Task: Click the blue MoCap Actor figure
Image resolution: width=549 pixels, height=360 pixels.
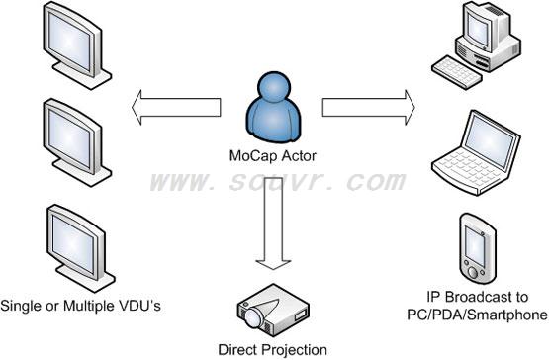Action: tap(273, 108)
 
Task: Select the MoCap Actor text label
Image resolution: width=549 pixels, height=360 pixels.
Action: tap(273, 156)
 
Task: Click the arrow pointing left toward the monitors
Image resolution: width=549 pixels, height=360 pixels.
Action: tap(176, 107)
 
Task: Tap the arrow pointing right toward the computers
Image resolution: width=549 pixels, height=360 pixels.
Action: tap(369, 107)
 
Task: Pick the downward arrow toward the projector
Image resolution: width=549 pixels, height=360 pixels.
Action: tap(273, 224)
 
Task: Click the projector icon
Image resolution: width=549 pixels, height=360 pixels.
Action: tap(273, 311)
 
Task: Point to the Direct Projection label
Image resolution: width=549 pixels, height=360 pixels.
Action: tap(272, 349)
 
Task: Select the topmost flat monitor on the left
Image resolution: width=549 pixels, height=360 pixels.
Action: tap(77, 45)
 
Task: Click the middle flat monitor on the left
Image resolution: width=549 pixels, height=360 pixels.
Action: tap(77, 142)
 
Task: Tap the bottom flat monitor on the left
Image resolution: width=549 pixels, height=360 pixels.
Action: tap(80, 248)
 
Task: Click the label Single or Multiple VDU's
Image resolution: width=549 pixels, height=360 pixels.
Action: tap(80, 306)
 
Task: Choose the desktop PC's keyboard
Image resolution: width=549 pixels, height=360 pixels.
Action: tap(456, 72)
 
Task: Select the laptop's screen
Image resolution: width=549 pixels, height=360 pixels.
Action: tap(491, 140)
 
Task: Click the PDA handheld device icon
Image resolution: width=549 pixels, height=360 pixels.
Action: tap(478, 249)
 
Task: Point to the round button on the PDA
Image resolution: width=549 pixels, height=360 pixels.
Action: tap(473, 272)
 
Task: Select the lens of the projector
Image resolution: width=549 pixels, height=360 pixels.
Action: tap(253, 316)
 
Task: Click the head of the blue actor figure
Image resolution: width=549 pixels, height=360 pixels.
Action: tap(273, 88)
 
